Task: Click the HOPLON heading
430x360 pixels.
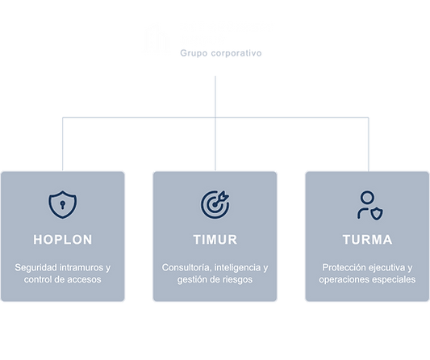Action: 63,240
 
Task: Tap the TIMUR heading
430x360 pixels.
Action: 215,240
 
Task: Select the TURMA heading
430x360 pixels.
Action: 367,240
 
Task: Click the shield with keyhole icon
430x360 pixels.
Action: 63,205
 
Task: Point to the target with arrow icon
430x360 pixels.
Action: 215,205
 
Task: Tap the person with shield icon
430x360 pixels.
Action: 370,205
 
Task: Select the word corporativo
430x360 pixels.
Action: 236,53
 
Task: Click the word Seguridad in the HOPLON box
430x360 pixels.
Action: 35,267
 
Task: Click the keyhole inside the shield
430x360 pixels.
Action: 63,205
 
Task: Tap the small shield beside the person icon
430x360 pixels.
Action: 377,214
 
